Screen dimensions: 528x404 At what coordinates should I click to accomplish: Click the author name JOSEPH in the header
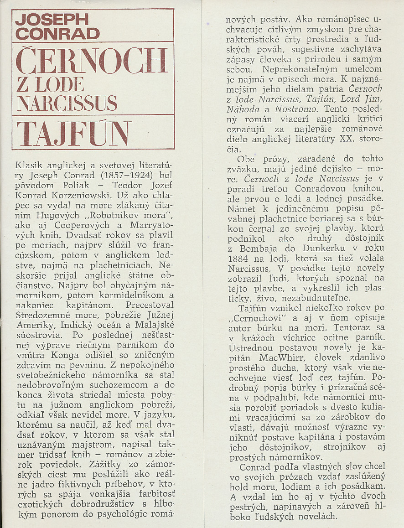[x=52, y=20]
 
